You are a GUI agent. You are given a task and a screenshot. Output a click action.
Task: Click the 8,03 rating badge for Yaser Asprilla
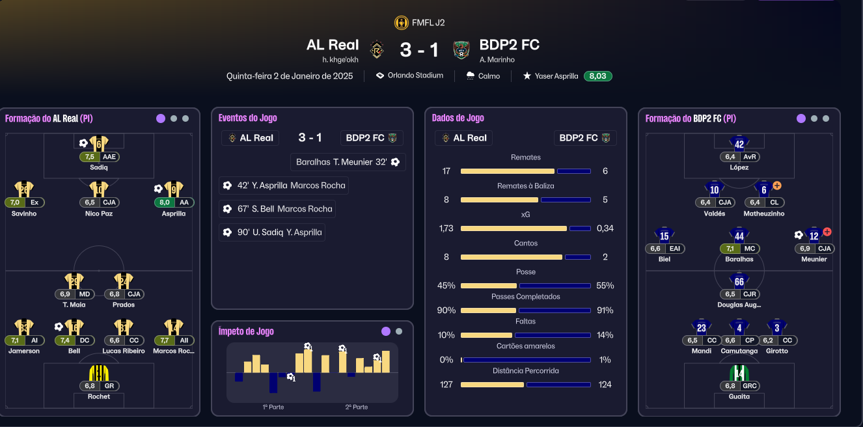click(597, 76)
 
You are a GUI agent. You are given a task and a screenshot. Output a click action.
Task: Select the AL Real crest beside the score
click(376, 49)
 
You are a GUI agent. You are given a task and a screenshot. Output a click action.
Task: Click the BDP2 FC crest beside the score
click(461, 49)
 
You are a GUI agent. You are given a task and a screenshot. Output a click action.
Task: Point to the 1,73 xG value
click(446, 228)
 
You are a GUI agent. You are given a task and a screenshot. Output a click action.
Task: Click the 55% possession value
click(605, 286)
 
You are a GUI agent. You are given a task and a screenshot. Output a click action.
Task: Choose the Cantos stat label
click(526, 243)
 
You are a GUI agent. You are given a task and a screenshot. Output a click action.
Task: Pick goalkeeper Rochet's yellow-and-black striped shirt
click(98, 373)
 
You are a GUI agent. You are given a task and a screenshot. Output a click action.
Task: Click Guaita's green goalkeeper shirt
click(739, 373)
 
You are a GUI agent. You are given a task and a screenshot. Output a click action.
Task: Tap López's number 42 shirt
click(739, 145)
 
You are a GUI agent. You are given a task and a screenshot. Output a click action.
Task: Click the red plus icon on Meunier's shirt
click(827, 232)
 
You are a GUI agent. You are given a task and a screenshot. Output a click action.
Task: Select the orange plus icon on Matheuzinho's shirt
click(777, 186)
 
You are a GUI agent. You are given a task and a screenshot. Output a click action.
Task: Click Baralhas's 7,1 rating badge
click(730, 249)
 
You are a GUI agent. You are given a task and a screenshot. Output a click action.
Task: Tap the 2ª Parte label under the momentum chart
click(357, 407)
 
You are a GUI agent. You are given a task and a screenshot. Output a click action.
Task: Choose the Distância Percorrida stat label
click(526, 371)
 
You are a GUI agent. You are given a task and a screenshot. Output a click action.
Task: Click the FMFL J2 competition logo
click(402, 23)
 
